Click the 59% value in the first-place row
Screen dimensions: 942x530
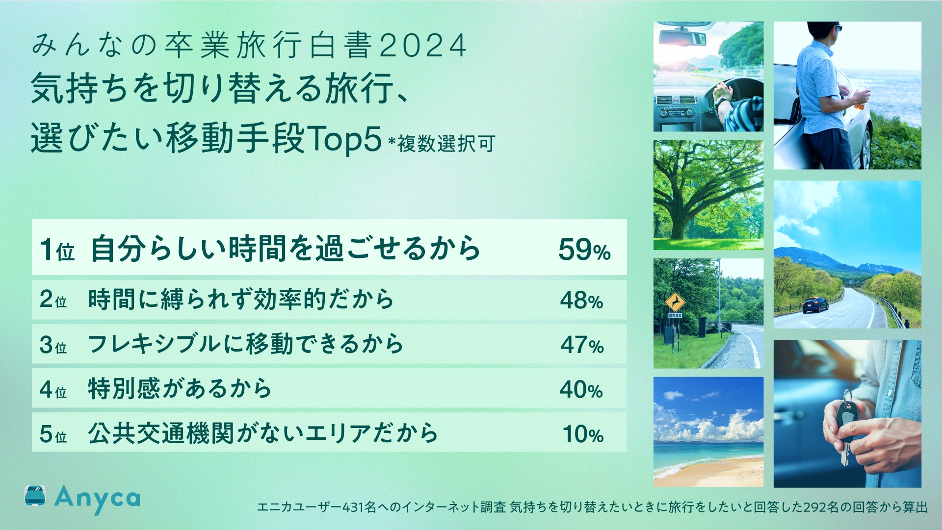point(584,250)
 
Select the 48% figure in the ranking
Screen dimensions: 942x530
point(581,301)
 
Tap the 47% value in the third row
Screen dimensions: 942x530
point(582,345)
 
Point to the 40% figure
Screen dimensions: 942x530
point(581,390)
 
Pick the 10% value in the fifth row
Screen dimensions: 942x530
point(583,434)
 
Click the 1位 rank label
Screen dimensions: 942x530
point(57,250)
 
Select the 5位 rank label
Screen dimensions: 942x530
point(53,434)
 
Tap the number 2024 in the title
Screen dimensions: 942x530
point(423,46)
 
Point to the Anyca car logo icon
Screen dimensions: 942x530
point(35,496)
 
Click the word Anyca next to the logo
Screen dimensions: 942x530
point(97,499)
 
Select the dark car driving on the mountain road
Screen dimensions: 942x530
point(815,304)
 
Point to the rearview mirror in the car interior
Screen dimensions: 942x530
point(681,37)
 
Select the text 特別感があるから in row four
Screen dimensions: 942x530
point(180,389)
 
